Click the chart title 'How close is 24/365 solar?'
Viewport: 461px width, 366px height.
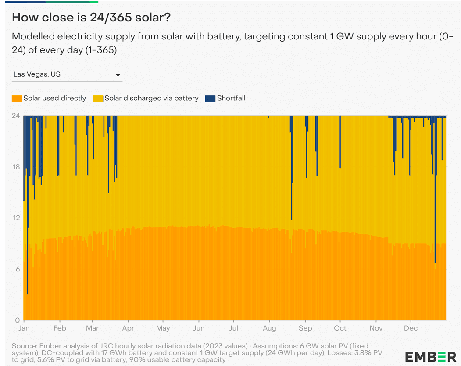coord(91,18)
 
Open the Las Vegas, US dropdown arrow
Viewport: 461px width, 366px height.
coord(118,75)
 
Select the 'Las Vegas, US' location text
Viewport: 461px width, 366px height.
coord(37,74)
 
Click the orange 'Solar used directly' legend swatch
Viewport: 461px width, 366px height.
coord(17,99)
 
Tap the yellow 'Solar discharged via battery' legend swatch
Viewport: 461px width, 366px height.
coord(98,99)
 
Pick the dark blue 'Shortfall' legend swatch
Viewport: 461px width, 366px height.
coord(211,99)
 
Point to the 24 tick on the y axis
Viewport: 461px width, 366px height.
coord(16,116)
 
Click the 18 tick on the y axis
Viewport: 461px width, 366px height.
coord(16,167)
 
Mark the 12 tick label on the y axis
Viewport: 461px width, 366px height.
coord(16,218)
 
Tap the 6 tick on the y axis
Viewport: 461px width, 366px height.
coord(18,269)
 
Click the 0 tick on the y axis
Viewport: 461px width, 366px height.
coord(18,320)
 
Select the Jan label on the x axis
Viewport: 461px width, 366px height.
coord(24,328)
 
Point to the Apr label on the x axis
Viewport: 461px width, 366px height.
coord(128,328)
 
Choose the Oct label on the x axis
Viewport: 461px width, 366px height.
coord(340,328)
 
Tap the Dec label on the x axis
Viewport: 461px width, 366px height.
coord(411,328)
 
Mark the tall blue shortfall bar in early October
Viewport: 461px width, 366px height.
coord(340,142)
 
